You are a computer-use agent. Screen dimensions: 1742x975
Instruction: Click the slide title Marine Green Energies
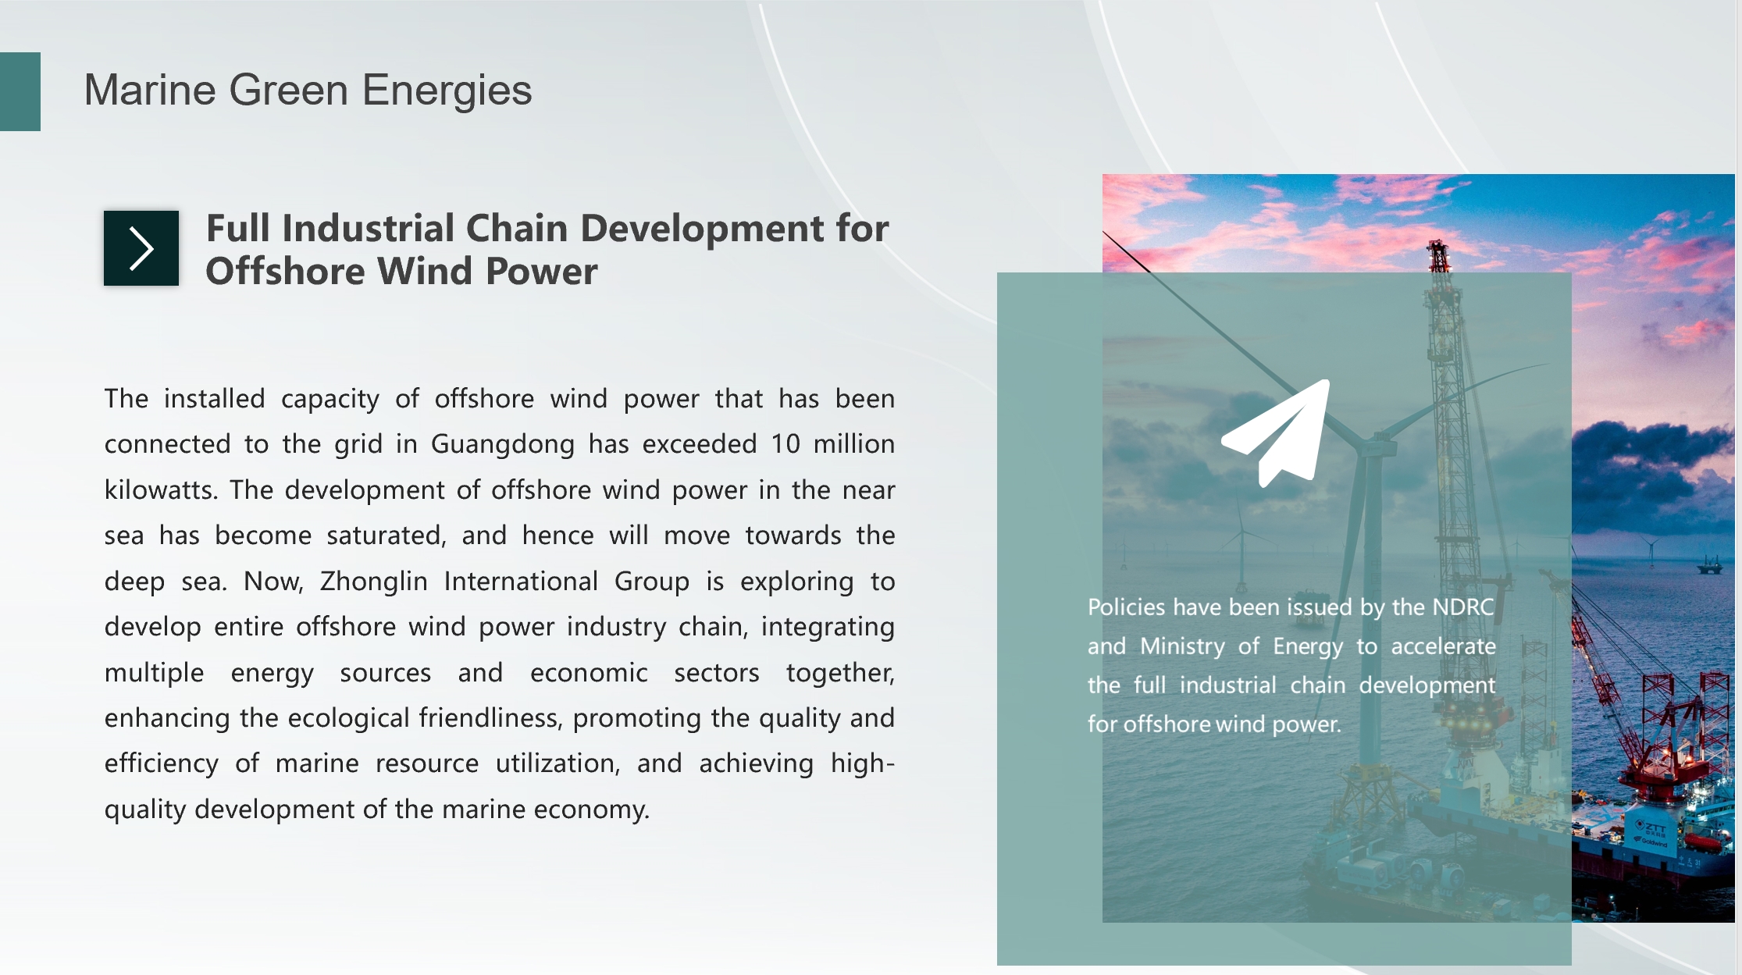(x=308, y=90)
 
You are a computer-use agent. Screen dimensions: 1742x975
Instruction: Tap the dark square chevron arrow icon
(x=141, y=248)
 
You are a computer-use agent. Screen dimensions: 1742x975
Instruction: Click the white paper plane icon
(x=1276, y=433)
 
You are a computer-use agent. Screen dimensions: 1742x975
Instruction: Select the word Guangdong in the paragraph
(x=503, y=444)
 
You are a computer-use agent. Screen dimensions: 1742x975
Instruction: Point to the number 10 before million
(x=786, y=444)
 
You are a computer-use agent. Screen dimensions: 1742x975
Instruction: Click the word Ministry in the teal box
(x=1183, y=646)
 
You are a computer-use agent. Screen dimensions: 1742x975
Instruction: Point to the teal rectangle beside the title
(x=20, y=91)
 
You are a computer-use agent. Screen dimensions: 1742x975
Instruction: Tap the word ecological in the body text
(x=348, y=718)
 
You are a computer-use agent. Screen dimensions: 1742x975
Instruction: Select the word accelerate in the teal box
(x=1444, y=646)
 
